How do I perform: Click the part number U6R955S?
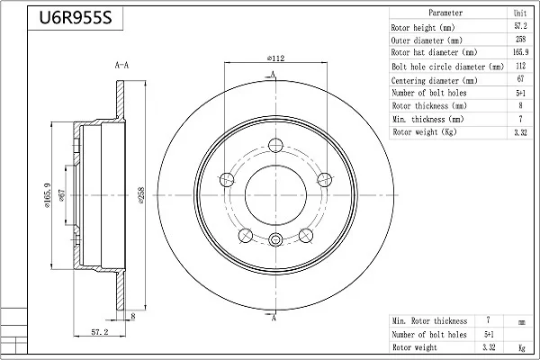[76, 18]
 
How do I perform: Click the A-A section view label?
[121, 65]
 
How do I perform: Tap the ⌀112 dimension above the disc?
[276, 58]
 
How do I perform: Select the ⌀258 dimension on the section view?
[141, 195]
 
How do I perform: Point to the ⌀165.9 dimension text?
[47, 195]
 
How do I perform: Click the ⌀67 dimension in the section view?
[61, 195]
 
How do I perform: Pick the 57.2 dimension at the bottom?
[100, 332]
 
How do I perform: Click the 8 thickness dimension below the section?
[133, 316]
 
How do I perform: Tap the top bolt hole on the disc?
[275, 145]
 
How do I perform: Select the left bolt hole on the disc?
[227, 179]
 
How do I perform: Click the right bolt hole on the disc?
[324, 179]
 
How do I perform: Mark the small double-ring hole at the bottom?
[275, 239]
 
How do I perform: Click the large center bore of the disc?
[275, 195]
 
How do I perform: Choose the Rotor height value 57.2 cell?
[520, 26]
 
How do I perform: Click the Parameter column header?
[445, 13]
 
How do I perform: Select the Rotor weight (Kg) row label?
[425, 132]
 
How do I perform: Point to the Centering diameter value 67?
[520, 79]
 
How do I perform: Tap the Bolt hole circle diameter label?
[447, 67]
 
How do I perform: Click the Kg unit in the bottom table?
[522, 347]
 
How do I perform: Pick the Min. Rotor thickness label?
[430, 321]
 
